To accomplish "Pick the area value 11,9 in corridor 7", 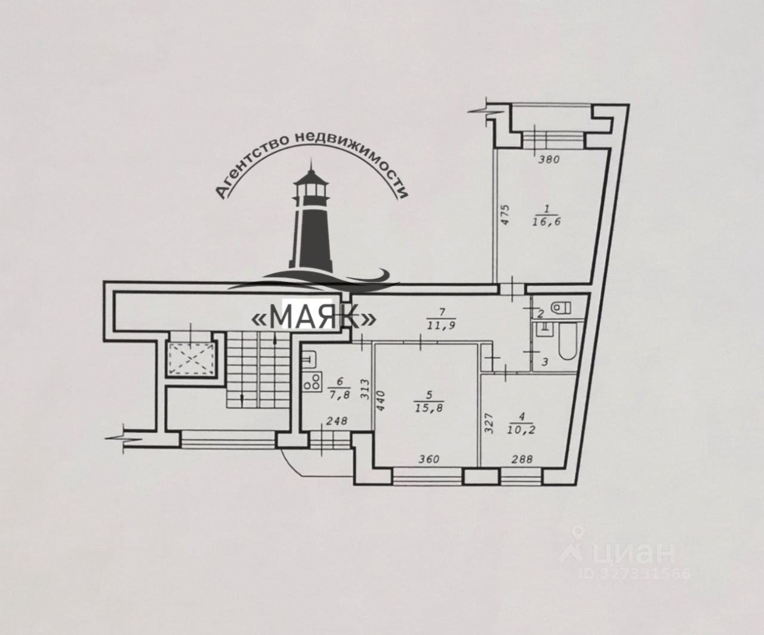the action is (x=442, y=325).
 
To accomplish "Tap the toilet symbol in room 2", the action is (x=558, y=308).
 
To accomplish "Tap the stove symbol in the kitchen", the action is (x=312, y=383).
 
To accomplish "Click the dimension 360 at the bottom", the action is (x=429, y=459).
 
